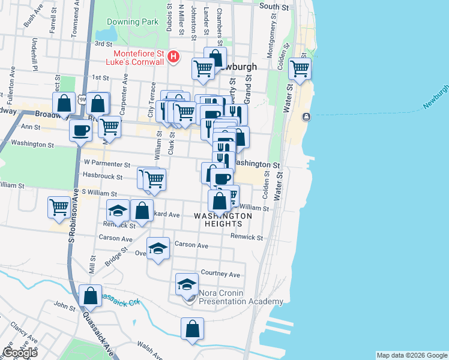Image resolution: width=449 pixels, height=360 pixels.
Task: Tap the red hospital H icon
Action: point(173,57)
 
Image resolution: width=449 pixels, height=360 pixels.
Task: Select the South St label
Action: point(274,6)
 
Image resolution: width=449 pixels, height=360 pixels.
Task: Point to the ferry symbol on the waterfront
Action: point(307,116)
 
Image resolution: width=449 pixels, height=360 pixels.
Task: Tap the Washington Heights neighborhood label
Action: point(223,220)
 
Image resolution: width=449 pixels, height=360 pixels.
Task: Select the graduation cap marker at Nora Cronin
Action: point(187,284)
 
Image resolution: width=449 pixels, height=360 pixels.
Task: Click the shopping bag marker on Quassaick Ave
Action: point(90,296)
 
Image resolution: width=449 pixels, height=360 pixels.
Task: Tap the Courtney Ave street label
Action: point(221,274)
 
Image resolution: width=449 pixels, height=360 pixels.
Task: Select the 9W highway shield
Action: point(81,98)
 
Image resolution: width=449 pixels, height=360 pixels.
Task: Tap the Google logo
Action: point(19,353)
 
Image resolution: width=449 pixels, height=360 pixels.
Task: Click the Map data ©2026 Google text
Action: point(412,355)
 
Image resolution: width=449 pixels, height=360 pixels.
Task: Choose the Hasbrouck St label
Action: point(103,177)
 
